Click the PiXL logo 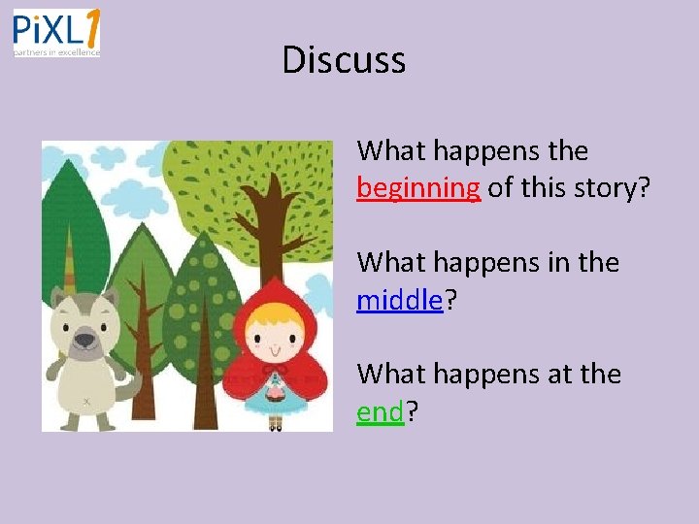pos(56,33)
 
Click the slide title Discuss pos(344,60)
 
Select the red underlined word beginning pos(418,187)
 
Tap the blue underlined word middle pos(399,299)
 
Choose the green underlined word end pos(380,411)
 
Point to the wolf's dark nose pos(84,339)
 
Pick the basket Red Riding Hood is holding pos(276,393)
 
